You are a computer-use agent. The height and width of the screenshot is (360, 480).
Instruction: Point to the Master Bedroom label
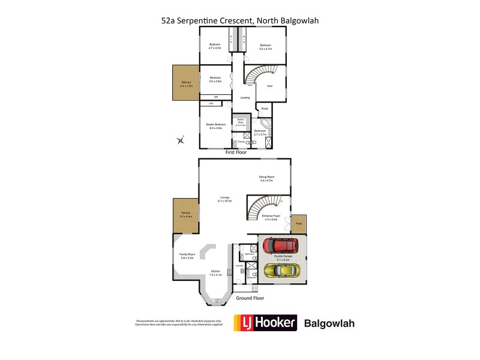click(x=215, y=125)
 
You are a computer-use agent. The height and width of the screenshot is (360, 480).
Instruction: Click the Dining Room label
click(x=266, y=178)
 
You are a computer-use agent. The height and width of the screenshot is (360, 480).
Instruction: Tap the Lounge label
click(x=226, y=199)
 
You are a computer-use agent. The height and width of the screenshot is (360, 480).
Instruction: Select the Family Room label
click(x=187, y=256)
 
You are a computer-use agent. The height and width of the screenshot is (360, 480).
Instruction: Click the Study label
click(x=265, y=109)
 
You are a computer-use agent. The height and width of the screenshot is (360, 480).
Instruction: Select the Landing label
click(x=245, y=97)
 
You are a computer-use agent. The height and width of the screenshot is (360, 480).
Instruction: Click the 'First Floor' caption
click(x=237, y=152)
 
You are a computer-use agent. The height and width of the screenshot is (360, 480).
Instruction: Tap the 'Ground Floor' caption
click(x=250, y=298)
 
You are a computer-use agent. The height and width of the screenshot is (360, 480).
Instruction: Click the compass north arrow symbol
click(x=181, y=141)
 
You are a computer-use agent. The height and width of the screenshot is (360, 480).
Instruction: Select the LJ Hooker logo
click(x=265, y=323)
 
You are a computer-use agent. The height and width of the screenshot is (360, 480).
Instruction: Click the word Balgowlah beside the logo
click(x=330, y=323)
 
